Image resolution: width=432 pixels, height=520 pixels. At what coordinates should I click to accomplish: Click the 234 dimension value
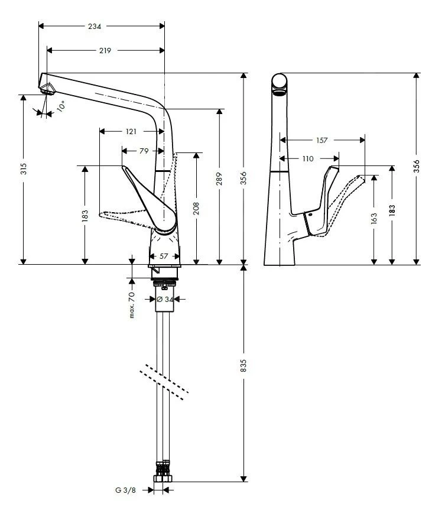(95, 26)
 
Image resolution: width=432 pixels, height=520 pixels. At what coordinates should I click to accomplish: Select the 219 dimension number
(105, 51)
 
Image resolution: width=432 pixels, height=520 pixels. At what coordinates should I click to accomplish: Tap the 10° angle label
(61, 106)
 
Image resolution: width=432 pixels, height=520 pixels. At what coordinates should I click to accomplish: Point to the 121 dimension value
(131, 131)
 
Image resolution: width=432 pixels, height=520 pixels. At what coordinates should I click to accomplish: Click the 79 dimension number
(144, 151)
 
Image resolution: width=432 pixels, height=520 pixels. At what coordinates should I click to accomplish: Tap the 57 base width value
(164, 256)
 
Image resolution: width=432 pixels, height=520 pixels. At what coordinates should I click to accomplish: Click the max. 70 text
(132, 305)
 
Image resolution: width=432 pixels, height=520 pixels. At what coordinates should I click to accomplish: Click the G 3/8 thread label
(125, 490)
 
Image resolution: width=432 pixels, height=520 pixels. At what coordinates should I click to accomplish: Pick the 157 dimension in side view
(321, 140)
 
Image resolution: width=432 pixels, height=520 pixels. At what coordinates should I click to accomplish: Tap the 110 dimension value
(308, 159)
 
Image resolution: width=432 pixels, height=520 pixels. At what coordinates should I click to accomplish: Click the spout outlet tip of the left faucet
(47, 89)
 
